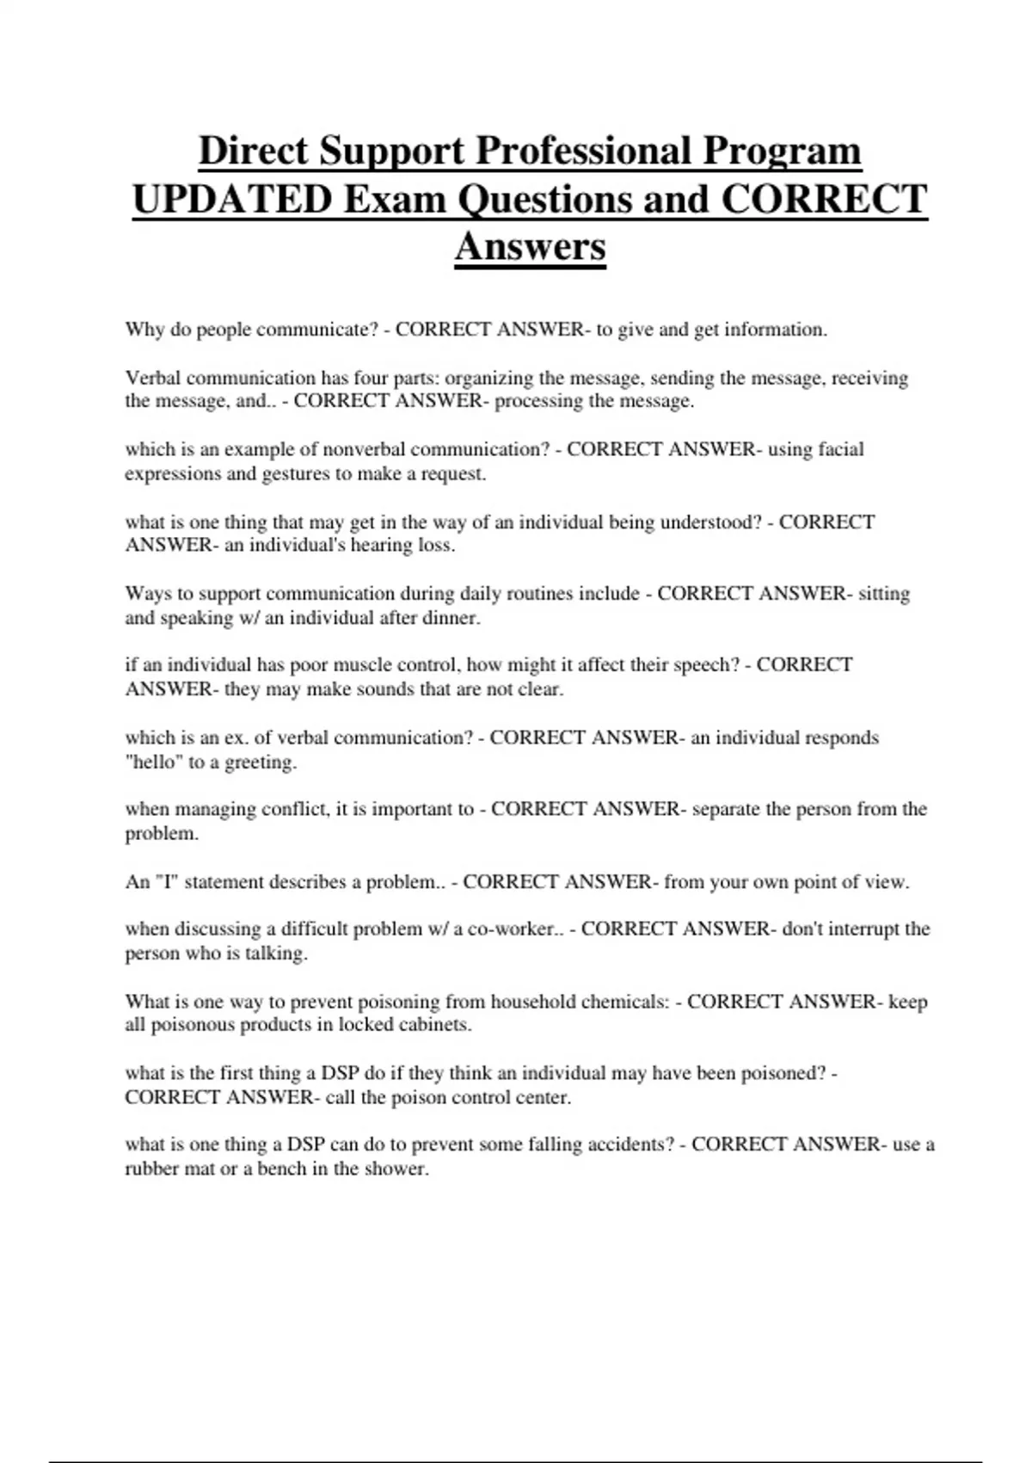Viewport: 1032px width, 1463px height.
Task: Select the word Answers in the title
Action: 530,247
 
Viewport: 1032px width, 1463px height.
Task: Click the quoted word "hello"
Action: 153,762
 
